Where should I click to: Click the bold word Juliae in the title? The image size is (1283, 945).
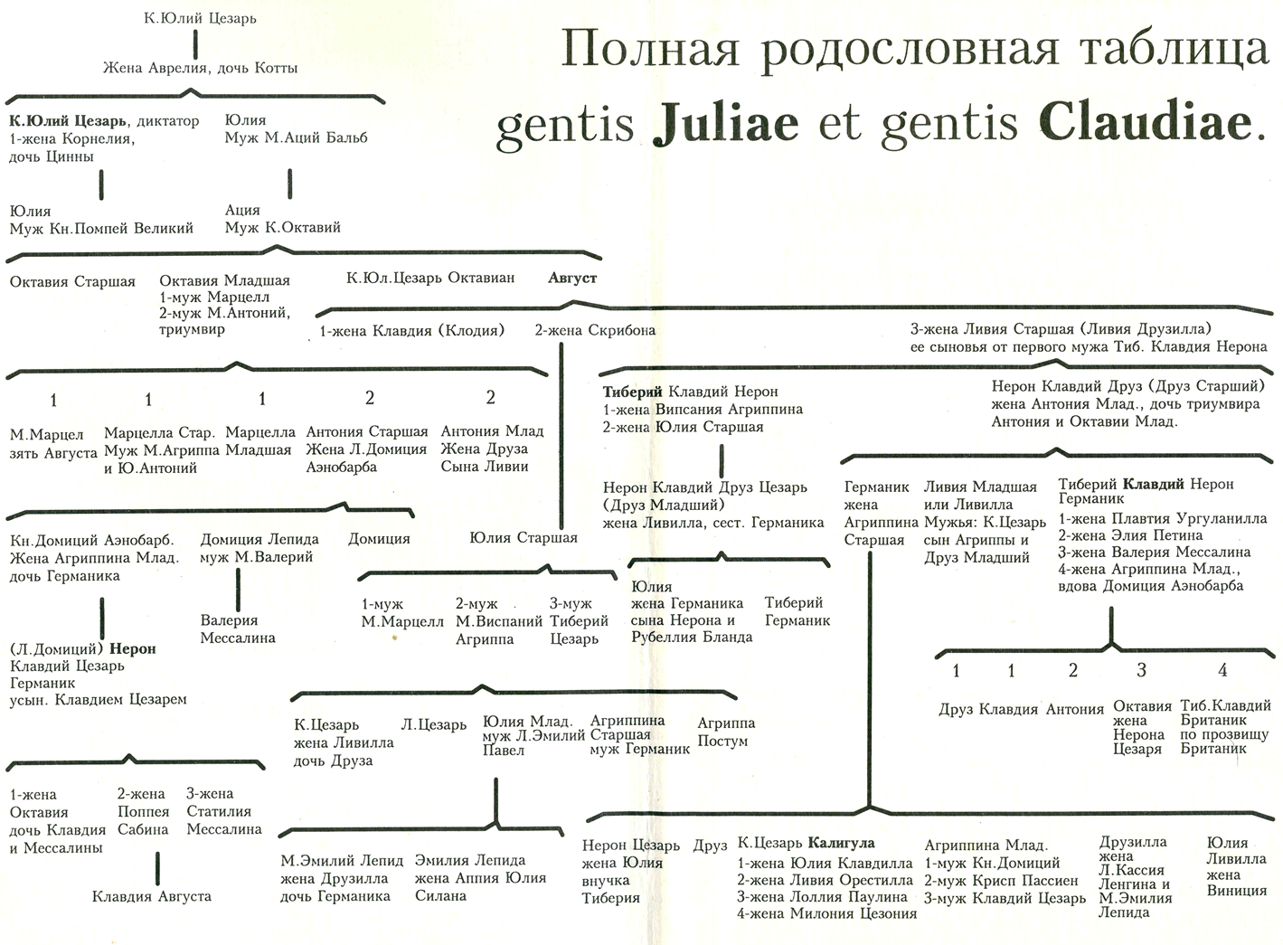click(x=725, y=124)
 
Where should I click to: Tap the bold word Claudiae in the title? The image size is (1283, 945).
click(x=1146, y=124)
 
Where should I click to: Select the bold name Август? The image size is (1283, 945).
click(x=571, y=279)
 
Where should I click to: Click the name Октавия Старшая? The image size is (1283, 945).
click(x=72, y=282)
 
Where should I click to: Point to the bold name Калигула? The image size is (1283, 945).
click(x=841, y=844)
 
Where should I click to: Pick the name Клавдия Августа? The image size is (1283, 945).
click(x=151, y=896)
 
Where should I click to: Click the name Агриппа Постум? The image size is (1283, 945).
click(x=725, y=732)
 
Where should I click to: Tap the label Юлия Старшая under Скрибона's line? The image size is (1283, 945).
click(x=524, y=538)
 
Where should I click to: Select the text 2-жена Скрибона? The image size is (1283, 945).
click(x=595, y=331)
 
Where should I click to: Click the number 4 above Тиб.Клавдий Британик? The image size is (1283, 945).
click(x=1222, y=670)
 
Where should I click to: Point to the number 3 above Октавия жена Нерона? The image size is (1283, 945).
click(x=1141, y=670)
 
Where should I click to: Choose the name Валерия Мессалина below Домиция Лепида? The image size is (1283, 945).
click(x=237, y=629)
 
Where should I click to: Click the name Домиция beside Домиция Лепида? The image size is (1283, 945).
click(x=379, y=539)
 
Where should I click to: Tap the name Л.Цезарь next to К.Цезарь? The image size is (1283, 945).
click(x=433, y=725)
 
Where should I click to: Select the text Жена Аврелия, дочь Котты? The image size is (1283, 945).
click(x=200, y=69)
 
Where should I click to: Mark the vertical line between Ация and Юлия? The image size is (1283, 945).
click(x=290, y=184)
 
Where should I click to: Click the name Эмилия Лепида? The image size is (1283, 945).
click(x=469, y=861)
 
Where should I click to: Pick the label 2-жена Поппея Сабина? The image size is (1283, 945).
click(x=143, y=812)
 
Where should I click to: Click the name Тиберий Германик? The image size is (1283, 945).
click(x=797, y=612)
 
